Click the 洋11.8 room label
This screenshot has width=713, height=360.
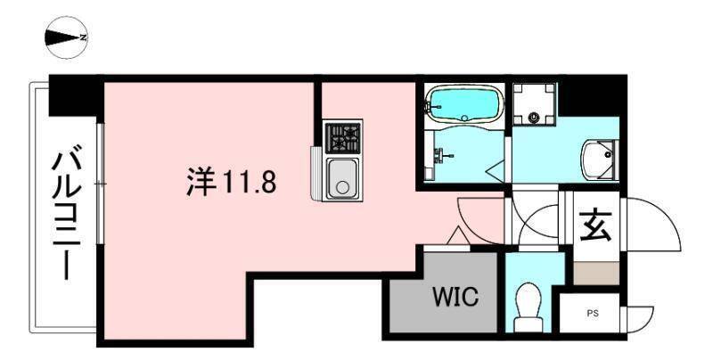click(x=230, y=183)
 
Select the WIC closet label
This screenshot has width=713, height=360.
click(x=456, y=296)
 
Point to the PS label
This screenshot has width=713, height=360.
click(x=593, y=313)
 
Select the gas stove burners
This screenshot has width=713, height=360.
click(x=342, y=137)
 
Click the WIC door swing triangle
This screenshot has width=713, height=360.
click(x=456, y=237)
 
